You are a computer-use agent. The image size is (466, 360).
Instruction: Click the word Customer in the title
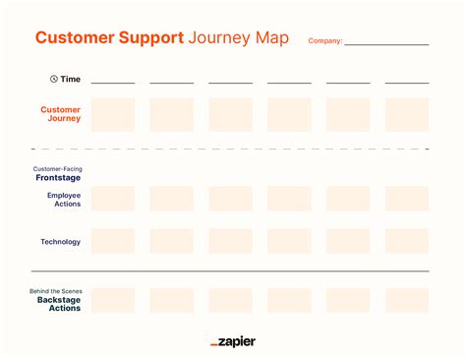[x=72, y=38]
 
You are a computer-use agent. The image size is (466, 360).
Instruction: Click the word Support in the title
[x=148, y=38]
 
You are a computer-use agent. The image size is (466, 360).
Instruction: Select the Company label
[x=324, y=41]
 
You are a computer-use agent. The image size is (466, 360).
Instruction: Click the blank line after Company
[x=386, y=43]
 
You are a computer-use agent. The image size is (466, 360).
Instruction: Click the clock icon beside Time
[x=53, y=79]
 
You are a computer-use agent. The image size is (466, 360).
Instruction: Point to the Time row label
[x=70, y=79]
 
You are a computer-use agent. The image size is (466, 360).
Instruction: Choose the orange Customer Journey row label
[x=61, y=114]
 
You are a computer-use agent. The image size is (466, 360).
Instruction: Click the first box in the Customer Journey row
[x=113, y=114]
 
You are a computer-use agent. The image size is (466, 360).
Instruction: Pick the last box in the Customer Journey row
[x=407, y=114]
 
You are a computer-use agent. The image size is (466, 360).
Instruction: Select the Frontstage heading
[x=59, y=178]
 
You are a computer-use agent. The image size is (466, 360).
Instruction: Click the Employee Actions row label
[x=64, y=199]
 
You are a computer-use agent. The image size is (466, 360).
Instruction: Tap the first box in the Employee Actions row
[x=113, y=199]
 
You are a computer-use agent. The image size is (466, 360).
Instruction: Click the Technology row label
[x=61, y=241]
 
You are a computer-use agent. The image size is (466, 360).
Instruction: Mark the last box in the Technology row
[x=407, y=241]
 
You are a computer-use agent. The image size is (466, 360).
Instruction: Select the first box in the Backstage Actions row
[x=113, y=300]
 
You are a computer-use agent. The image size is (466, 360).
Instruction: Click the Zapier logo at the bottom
[x=233, y=341]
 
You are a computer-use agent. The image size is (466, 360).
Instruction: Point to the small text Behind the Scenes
[x=57, y=291]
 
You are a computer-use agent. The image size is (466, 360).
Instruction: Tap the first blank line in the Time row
[x=113, y=83]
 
